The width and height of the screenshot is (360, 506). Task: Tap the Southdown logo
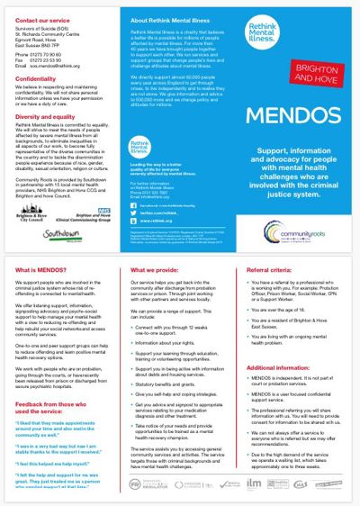tap(62, 232)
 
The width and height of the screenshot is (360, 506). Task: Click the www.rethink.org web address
tap(159, 220)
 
